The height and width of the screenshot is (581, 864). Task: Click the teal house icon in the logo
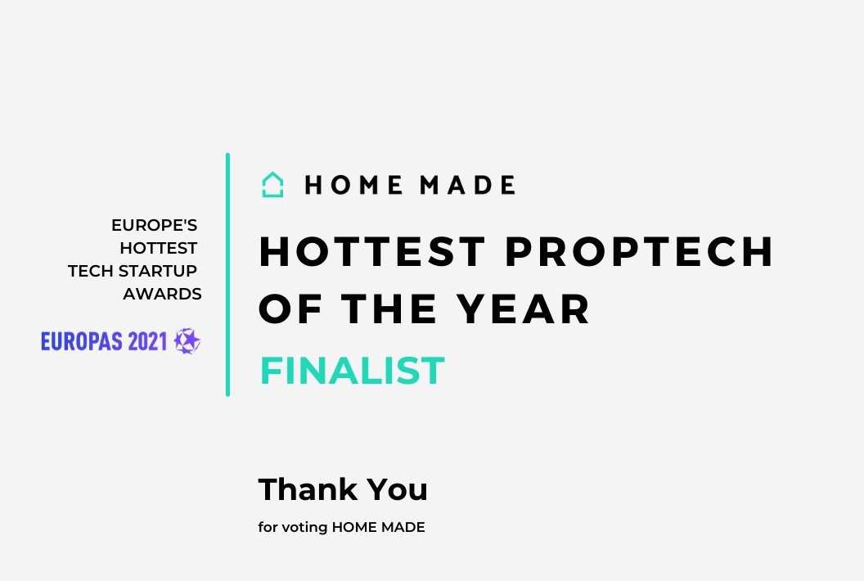coord(272,185)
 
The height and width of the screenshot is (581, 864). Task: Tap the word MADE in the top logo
coord(467,186)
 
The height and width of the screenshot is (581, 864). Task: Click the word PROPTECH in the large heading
coord(639,252)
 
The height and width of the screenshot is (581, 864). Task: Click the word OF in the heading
coord(287,309)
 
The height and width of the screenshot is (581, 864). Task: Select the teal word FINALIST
coord(352,371)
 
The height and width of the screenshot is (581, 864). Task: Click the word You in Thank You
coord(397,489)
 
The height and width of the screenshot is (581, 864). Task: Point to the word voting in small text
coord(304,528)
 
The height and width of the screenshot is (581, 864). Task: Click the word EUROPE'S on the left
coord(155,224)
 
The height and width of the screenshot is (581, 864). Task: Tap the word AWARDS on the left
coord(162,294)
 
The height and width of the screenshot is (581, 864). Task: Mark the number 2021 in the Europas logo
coord(148,341)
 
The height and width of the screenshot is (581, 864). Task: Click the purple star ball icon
coord(187,340)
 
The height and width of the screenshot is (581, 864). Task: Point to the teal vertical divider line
coord(227,274)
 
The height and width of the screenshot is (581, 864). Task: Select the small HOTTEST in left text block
coord(159,247)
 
